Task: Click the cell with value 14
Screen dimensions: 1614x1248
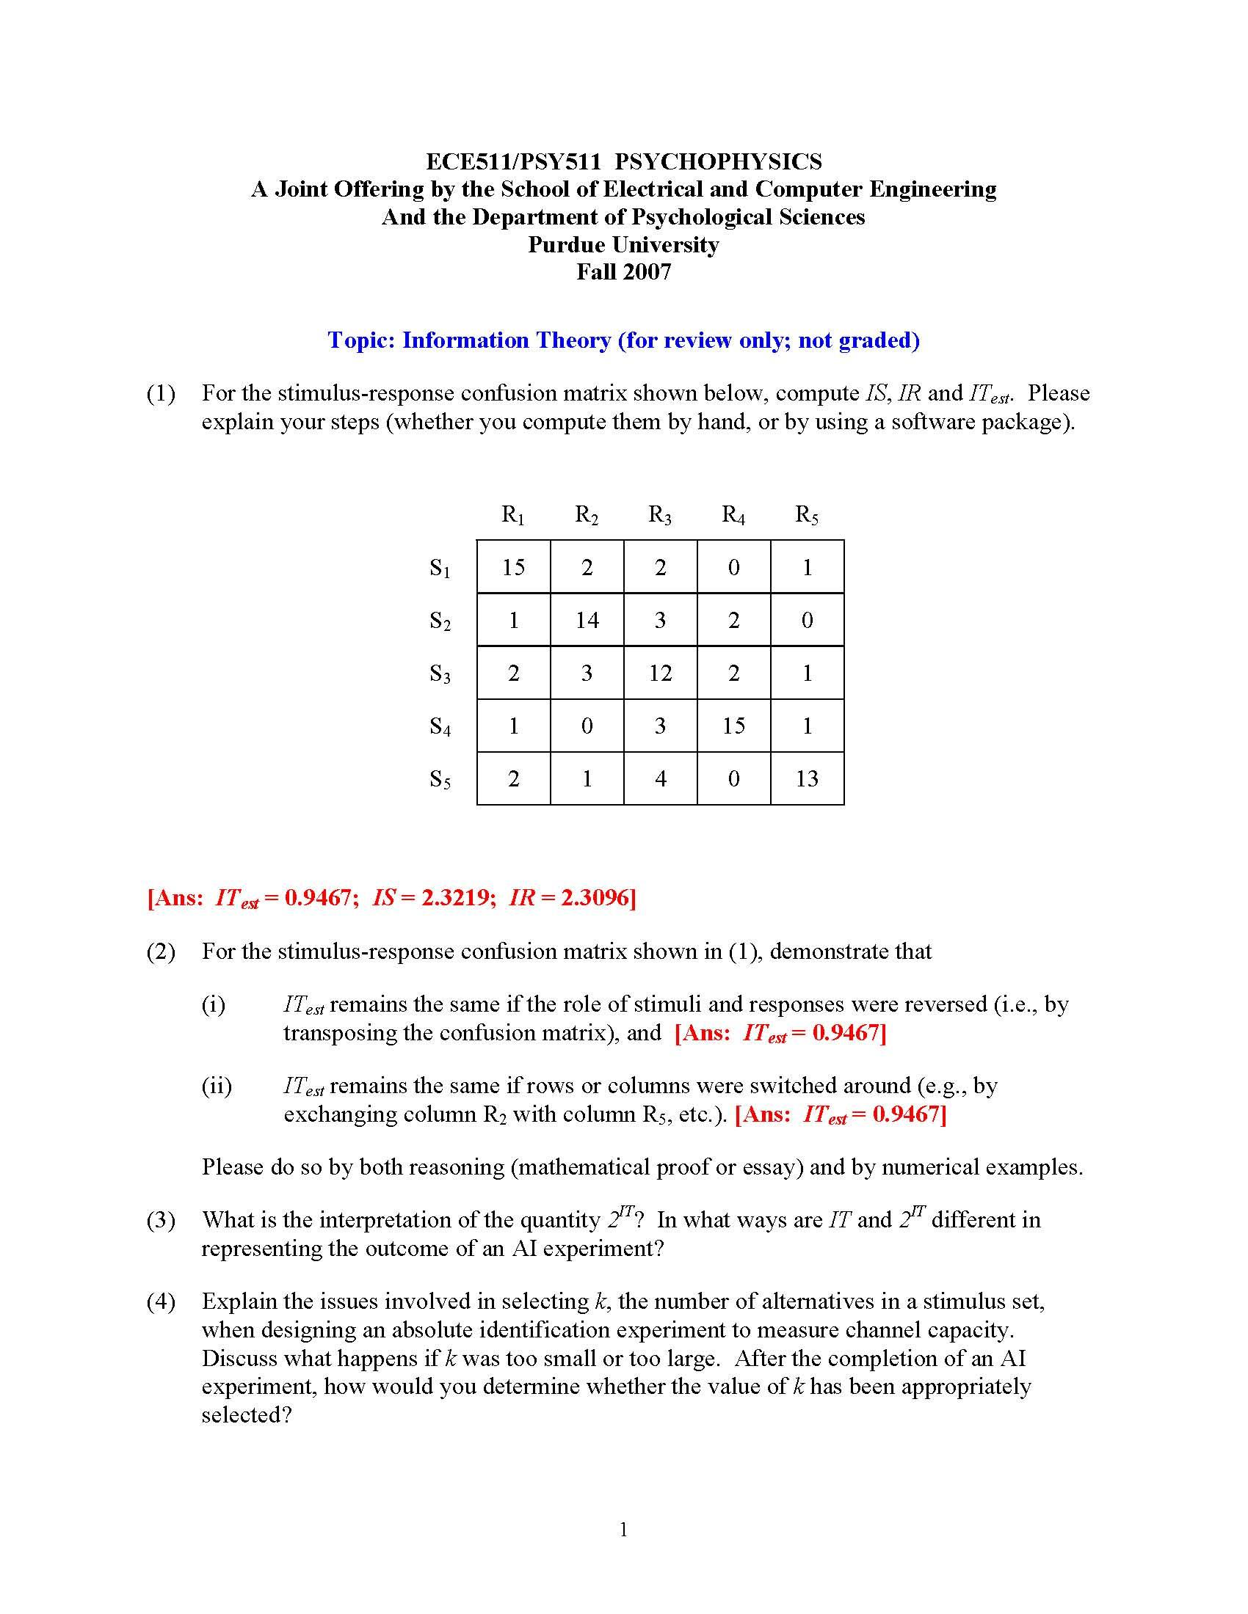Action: click(x=587, y=619)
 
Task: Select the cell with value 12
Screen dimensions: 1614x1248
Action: click(x=659, y=673)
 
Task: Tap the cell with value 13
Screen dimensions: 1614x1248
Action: click(x=807, y=778)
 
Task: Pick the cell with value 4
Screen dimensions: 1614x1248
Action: click(x=659, y=778)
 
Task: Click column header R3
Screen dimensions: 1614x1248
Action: click(x=659, y=515)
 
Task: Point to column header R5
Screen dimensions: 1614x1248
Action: click(x=807, y=515)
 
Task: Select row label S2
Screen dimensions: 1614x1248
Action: click(x=440, y=621)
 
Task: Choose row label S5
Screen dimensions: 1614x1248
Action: click(x=440, y=780)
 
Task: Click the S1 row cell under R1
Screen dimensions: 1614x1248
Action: click(x=513, y=567)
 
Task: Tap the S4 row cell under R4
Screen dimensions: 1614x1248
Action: click(x=733, y=726)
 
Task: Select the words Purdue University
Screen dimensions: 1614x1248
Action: click(x=623, y=244)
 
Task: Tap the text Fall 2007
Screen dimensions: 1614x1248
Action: click(x=623, y=272)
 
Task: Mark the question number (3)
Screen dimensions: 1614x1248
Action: click(x=162, y=1219)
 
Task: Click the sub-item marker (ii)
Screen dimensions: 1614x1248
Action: click(x=217, y=1086)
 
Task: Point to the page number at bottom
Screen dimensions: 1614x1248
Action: click(x=623, y=1530)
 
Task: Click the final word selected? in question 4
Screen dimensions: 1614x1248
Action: click(x=247, y=1414)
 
